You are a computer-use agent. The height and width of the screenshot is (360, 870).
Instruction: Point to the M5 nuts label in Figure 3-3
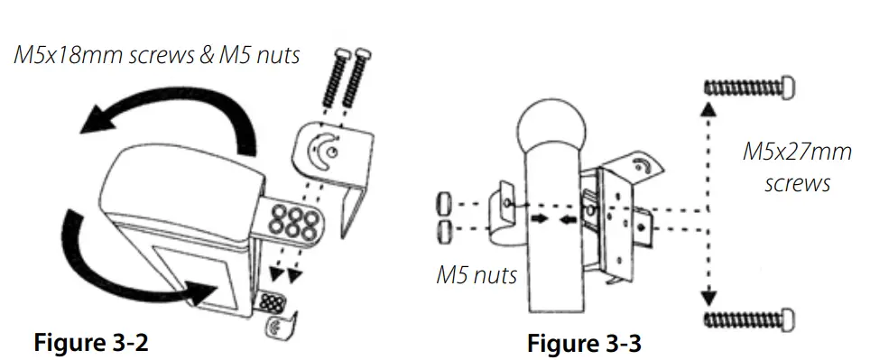coord(477,273)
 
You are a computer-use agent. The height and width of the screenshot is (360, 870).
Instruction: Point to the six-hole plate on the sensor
coord(291,219)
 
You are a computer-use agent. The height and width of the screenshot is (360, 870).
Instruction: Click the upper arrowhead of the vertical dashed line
coord(708,111)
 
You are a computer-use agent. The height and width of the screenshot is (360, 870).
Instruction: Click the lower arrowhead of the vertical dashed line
coord(708,293)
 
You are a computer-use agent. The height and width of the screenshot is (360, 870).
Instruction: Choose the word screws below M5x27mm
coord(797,184)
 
